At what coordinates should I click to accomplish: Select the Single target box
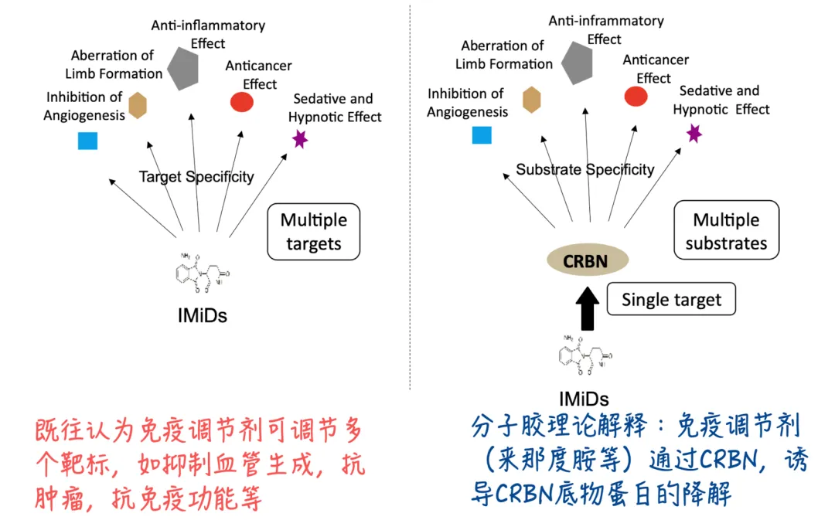tap(671, 299)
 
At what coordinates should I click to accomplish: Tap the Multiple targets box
tap(313, 232)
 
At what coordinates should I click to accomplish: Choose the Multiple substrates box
tap(726, 231)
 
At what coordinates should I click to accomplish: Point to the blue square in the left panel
tap(87, 140)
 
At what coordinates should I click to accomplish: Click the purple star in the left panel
tap(300, 139)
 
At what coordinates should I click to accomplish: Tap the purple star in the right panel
tap(694, 133)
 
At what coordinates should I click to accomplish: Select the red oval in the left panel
tap(242, 102)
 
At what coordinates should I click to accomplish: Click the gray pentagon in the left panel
tap(189, 68)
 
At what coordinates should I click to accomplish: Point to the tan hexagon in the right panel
tap(532, 100)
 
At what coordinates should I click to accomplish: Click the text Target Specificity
tap(196, 177)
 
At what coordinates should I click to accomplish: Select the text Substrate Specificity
tap(584, 169)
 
